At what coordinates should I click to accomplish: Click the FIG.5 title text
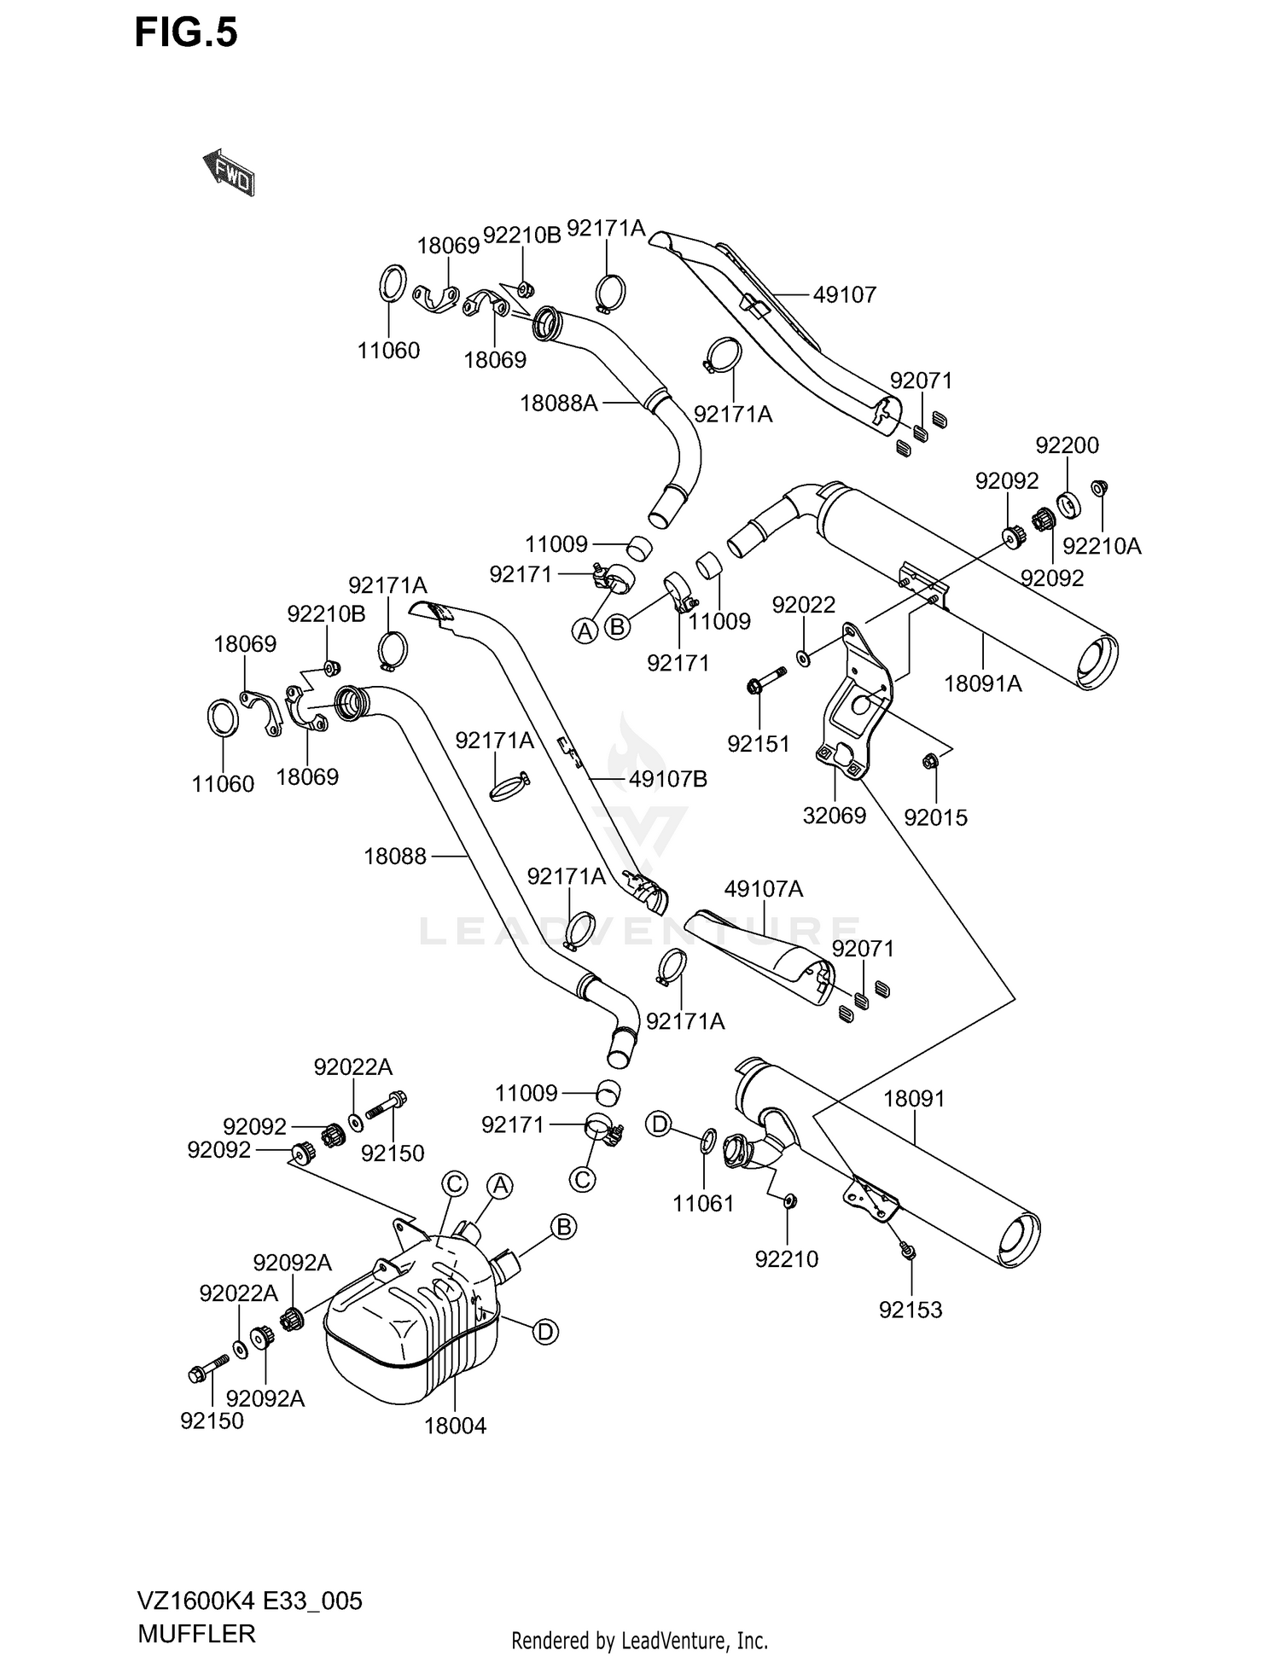pos(186,34)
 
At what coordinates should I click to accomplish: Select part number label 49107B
pos(668,779)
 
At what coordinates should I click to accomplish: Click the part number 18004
pos(455,1426)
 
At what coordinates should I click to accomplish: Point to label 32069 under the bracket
pos(834,816)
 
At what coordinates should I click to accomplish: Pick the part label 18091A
pos(983,683)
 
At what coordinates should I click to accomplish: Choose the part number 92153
pos(911,1310)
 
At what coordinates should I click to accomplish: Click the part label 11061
pos(703,1204)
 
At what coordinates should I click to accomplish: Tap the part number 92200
pos(1067,445)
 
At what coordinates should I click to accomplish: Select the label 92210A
pos(1102,546)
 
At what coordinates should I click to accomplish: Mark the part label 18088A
pos(559,403)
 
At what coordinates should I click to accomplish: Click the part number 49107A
pos(764,889)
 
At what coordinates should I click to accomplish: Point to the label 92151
pos(759,744)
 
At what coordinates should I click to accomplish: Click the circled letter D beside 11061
pos(659,1124)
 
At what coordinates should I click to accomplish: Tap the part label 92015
pos(935,817)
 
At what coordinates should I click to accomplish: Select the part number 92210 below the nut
pos(786,1258)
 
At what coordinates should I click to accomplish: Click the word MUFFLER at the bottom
pos(196,1633)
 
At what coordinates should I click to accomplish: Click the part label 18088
pos(395,856)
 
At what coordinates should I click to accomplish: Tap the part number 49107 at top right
pos(844,294)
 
